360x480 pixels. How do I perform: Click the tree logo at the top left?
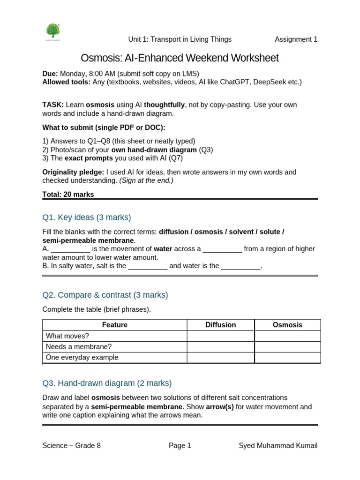coord(53,31)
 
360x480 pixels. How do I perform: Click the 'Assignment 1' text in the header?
coord(296,39)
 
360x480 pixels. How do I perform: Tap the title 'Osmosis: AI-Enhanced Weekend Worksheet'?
coord(180,58)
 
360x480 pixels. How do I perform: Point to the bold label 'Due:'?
coord(50,74)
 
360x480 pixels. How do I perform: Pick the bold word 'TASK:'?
coord(53,105)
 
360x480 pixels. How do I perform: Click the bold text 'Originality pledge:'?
coord(73,172)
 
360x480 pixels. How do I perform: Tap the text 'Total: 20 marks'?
coord(68,194)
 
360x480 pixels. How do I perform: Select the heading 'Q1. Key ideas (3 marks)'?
coord(87,217)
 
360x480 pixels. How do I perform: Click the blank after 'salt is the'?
coord(148,266)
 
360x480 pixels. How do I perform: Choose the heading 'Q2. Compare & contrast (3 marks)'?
coord(105,295)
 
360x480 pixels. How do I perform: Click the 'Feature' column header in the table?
coord(114,325)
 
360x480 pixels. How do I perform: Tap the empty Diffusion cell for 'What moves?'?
coord(220,336)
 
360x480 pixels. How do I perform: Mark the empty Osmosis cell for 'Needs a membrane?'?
coord(287,347)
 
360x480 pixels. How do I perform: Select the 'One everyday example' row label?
coord(82,358)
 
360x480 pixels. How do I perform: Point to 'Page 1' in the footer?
coord(180,445)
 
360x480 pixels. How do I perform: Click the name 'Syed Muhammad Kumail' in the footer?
coord(278,445)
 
